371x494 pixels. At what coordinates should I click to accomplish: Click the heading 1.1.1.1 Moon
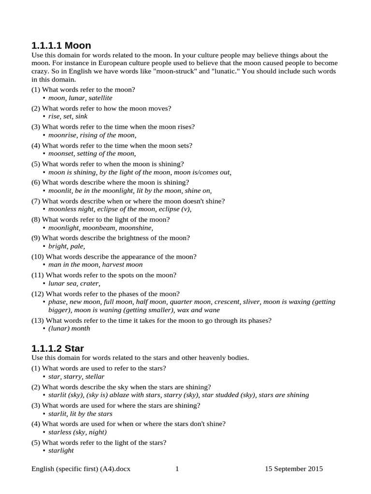coord(61,46)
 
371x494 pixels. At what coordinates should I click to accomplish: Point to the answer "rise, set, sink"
coord(68,116)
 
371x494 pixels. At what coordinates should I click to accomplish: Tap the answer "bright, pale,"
coord(67,246)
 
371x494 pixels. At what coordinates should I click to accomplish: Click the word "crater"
coord(90,284)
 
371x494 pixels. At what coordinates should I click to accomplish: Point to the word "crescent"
coord(227,302)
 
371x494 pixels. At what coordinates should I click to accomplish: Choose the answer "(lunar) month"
coord(69,329)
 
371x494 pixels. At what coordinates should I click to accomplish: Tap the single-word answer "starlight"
coord(61,450)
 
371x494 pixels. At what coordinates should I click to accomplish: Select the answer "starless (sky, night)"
coord(77,432)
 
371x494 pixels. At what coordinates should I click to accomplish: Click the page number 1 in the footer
coord(177,468)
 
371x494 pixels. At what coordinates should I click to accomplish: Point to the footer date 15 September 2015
coord(294,468)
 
